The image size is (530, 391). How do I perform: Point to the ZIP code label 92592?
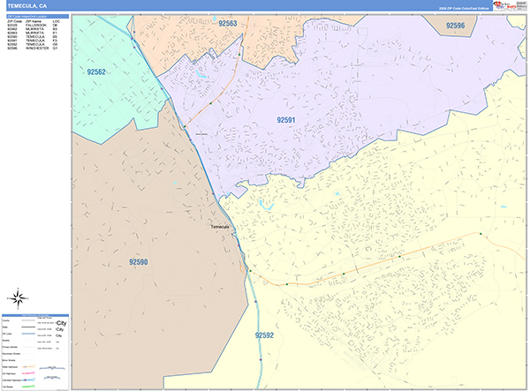click(x=264, y=335)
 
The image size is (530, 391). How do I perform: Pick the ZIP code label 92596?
click(x=455, y=26)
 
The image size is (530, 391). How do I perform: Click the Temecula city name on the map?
click(x=220, y=227)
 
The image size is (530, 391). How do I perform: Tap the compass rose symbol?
click(x=20, y=298)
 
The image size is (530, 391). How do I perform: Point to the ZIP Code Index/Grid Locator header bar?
click(x=35, y=14)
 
